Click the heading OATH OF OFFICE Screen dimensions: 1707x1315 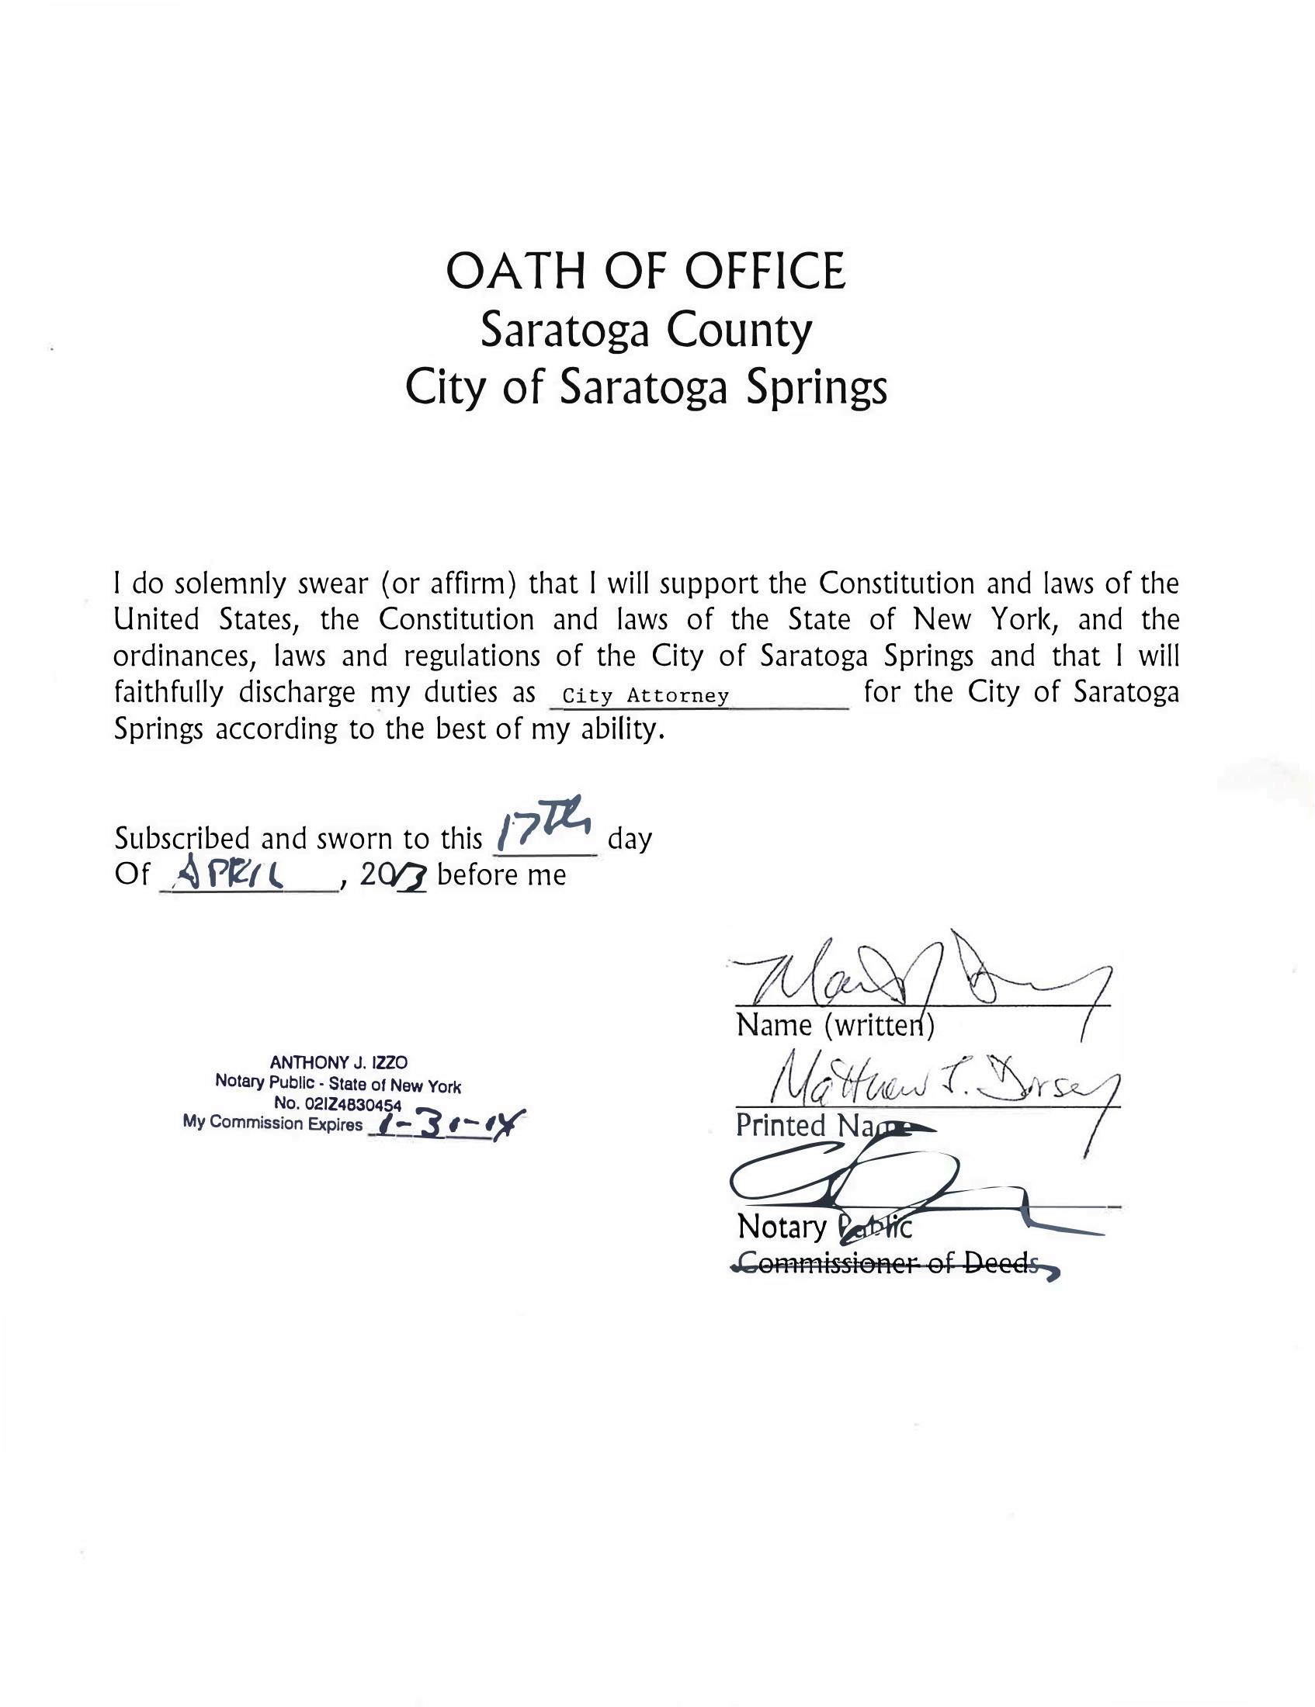tap(645, 272)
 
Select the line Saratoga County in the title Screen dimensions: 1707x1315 tap(646, 331)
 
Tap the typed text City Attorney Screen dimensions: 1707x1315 tap(646, 696)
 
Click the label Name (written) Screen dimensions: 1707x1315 tap(834, 1025)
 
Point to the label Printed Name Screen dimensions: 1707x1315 tap(821, 1126)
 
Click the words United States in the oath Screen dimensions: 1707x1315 tap(199, 620)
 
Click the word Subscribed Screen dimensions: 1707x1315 tap(184, 839)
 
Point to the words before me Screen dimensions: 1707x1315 tap(501, 874)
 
